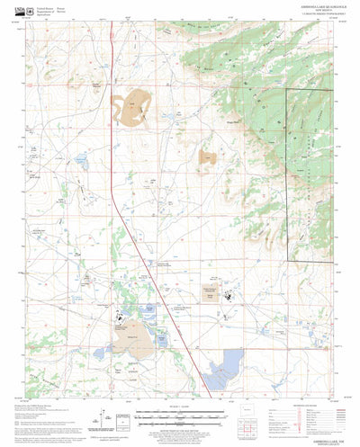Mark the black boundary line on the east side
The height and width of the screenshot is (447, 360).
point(288,180)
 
